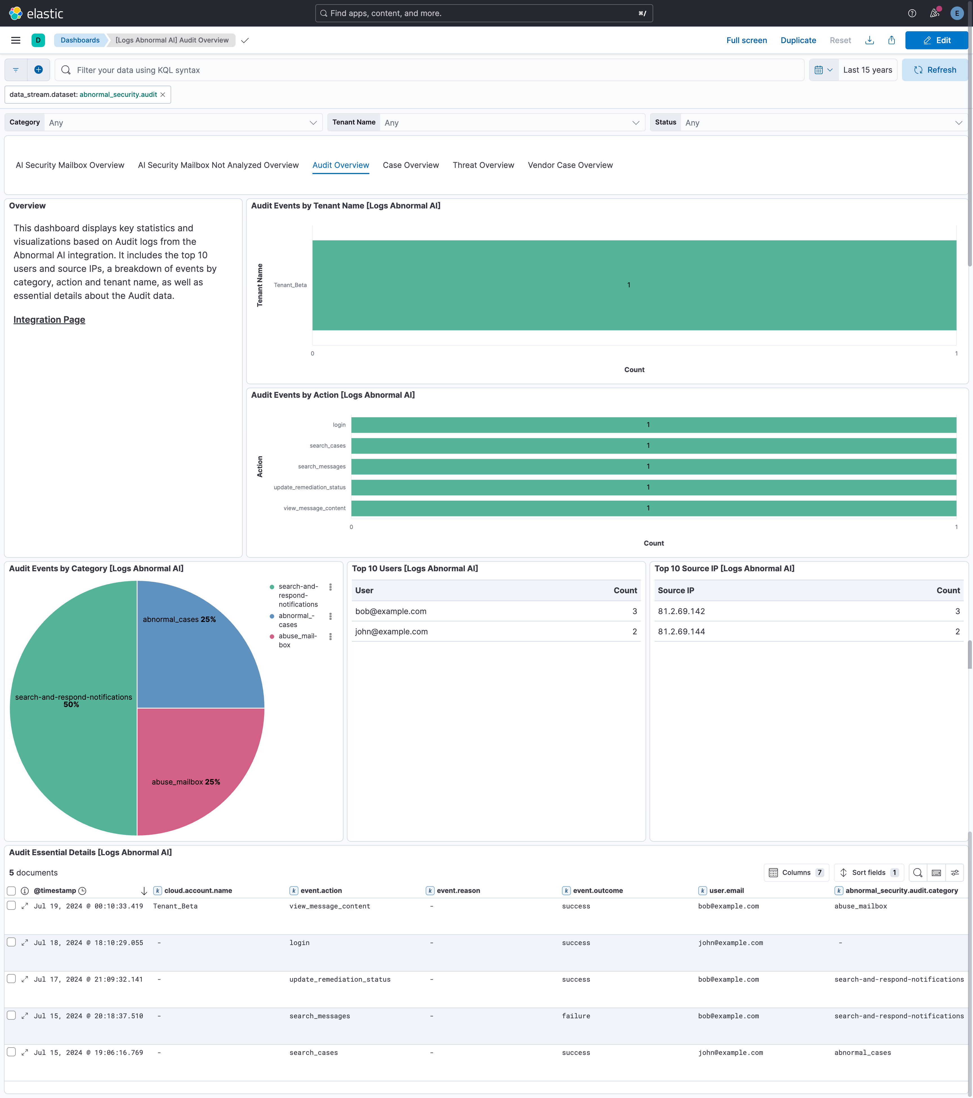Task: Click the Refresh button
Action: click(x=935, y=70)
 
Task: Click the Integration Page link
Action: click(x=49, y=320)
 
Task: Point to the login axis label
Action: click(x=339, y=425)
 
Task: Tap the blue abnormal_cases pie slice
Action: click(x=193, y=650)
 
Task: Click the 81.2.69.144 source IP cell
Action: click(x=681, y=632)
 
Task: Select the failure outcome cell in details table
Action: click(x=576, y=1016)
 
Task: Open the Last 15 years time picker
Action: click(x=867, y=70)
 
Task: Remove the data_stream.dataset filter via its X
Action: click(x=163, y=95)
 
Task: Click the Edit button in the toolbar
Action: click(x=936, y=40)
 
